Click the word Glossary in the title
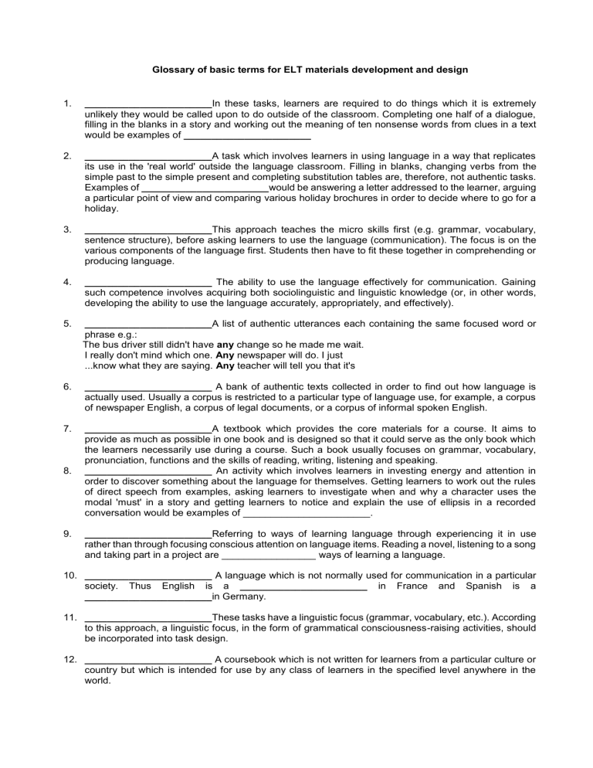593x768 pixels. click(x=166, y=70)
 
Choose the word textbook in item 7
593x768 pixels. click(x=249, y=428)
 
